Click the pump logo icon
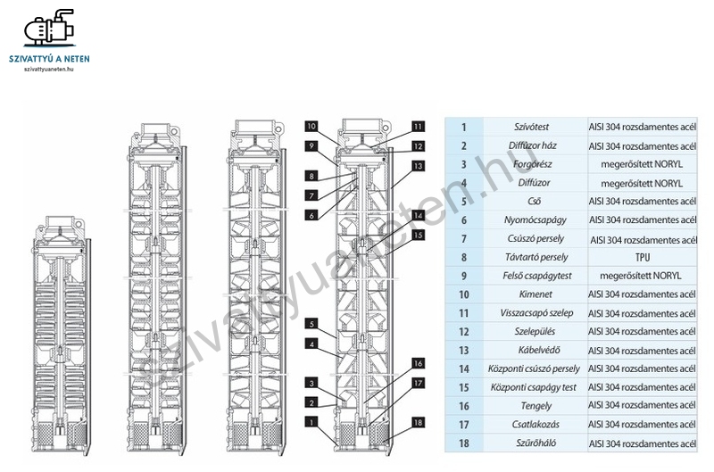(49, 30)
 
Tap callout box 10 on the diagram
(310, 125)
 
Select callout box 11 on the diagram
(418, 126)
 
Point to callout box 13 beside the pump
(418, 166)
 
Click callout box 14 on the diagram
(418, 216)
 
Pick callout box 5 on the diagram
(310, 323)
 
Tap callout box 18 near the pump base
(418, 421)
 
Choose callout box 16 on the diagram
(418, 363)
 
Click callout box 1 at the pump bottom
(310, 421)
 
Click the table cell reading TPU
(640, 256)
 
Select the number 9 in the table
(464, 276)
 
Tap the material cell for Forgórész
(640, 164)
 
